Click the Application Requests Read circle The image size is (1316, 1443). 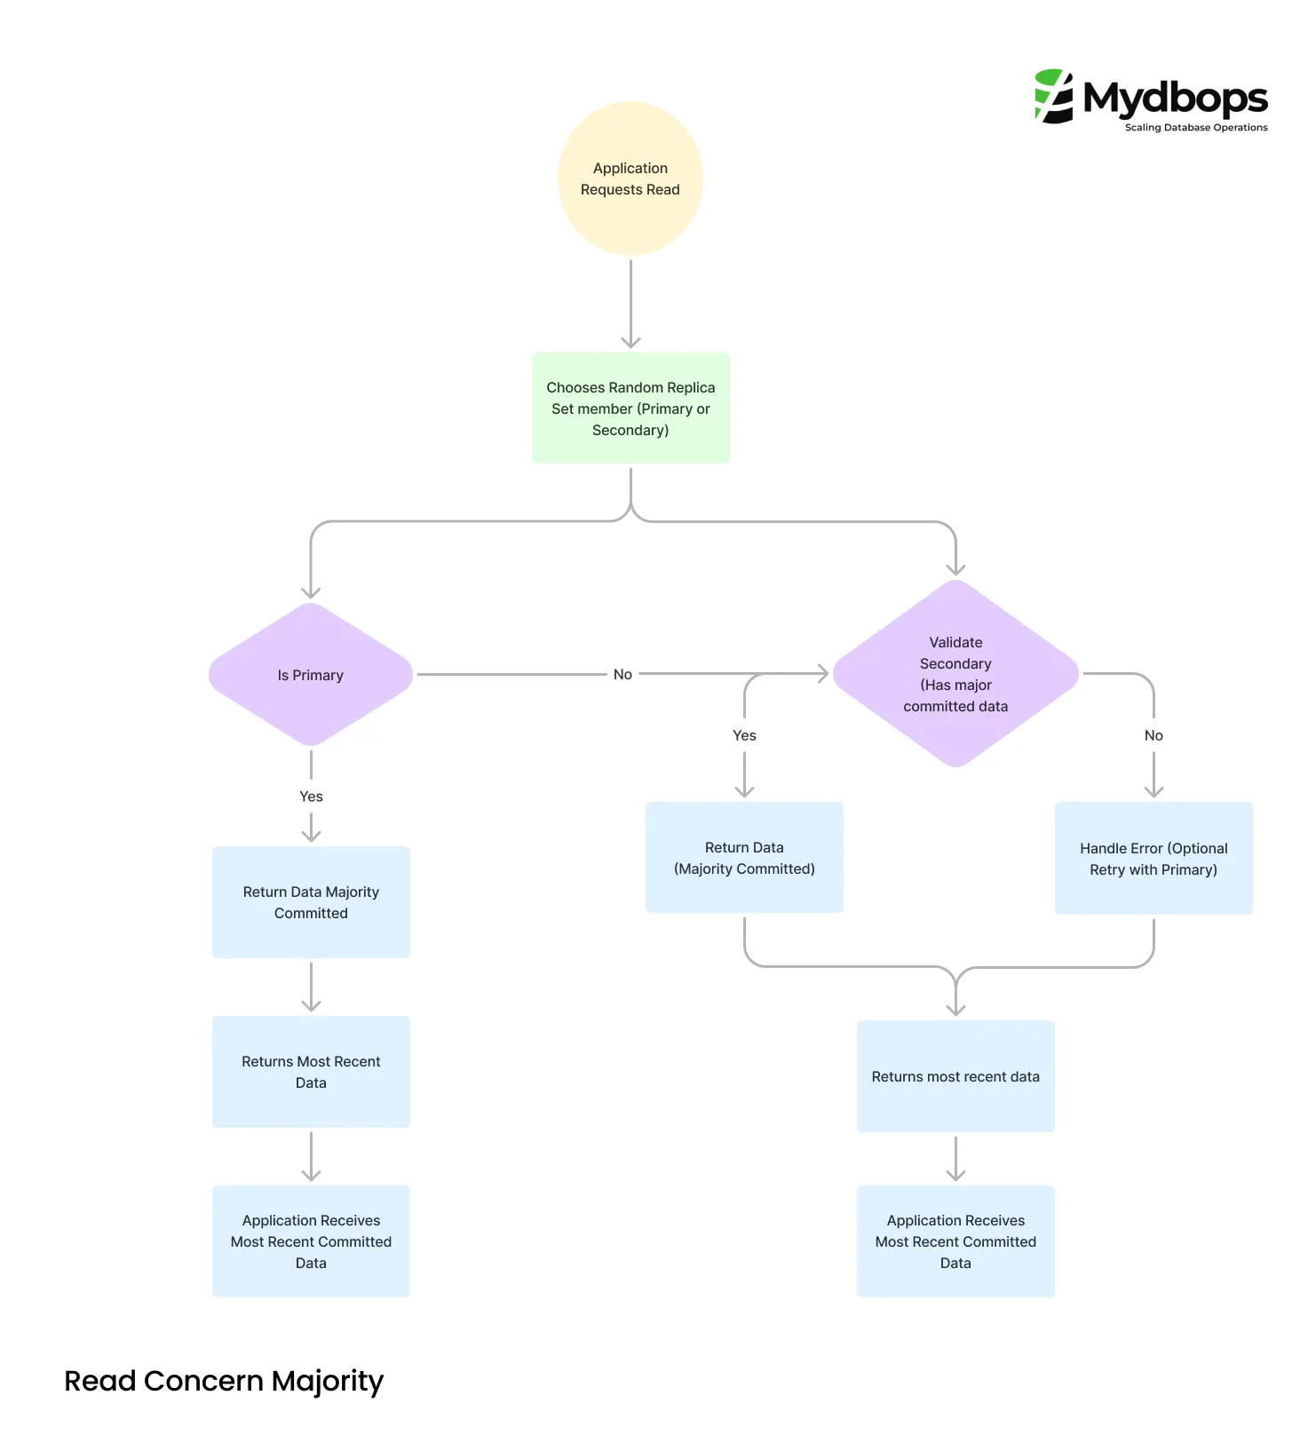click(630, 178)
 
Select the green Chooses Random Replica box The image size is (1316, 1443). click(630, 408)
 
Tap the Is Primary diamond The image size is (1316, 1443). click(310, 675)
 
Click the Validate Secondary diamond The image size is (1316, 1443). click(955, 674)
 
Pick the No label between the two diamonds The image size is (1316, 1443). click(622, 675)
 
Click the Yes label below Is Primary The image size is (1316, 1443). click(311, 797)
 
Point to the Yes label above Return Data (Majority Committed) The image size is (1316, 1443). click(744, 735)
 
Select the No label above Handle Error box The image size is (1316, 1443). click(1153, 735)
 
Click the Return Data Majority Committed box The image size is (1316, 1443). click(311, 902)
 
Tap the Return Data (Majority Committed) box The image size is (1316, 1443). click(744, 858)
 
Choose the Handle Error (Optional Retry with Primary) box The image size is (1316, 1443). click(1153, 859)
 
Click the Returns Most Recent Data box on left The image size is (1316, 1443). click(311, 1072)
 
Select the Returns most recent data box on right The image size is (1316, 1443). click(955, 1076)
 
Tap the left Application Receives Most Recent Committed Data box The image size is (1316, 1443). click(311, 1241)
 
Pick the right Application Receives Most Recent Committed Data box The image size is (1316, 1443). click(955, 1241)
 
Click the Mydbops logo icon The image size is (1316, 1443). click(1054, 96)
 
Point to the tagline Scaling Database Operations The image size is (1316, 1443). click(1196, 128)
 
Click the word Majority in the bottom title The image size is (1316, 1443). click(328, 1382)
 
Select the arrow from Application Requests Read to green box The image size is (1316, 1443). click(630, 302)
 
